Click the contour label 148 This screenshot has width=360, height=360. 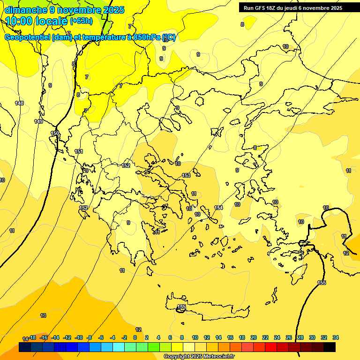pyautogui.click(x=19, y=103)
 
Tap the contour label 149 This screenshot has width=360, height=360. pyautogui.click(x=38, y=121)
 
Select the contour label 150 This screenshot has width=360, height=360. pyautogui.click(x=55, y=134)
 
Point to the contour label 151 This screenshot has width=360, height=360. pyautogui.click(x=79, y=151)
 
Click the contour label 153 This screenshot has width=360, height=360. pyautogui.click(x=186, y=175)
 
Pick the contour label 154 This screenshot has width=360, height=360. pyautogui.click(x=218, y=208)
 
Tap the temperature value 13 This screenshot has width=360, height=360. pyautogui.click(x=43, y=315)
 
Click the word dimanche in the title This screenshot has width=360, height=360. pyautogui.click(x=26, y=9)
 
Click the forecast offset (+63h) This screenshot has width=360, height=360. pyautogui.click(x=81, y=21)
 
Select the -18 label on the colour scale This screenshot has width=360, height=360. pyautogui.click(x=32, y=337)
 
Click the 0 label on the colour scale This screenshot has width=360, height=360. pyautogui.click(x=135, y=337)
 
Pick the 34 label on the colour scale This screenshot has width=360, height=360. pyautogui.click(x=336, y=337)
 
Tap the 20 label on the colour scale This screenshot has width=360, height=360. pyautogui.click(x=254, y=337)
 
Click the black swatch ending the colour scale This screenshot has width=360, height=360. pyautogui.click(x=330, y=347)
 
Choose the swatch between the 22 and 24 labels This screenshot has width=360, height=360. pyautogui.click(x=271, y=347)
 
